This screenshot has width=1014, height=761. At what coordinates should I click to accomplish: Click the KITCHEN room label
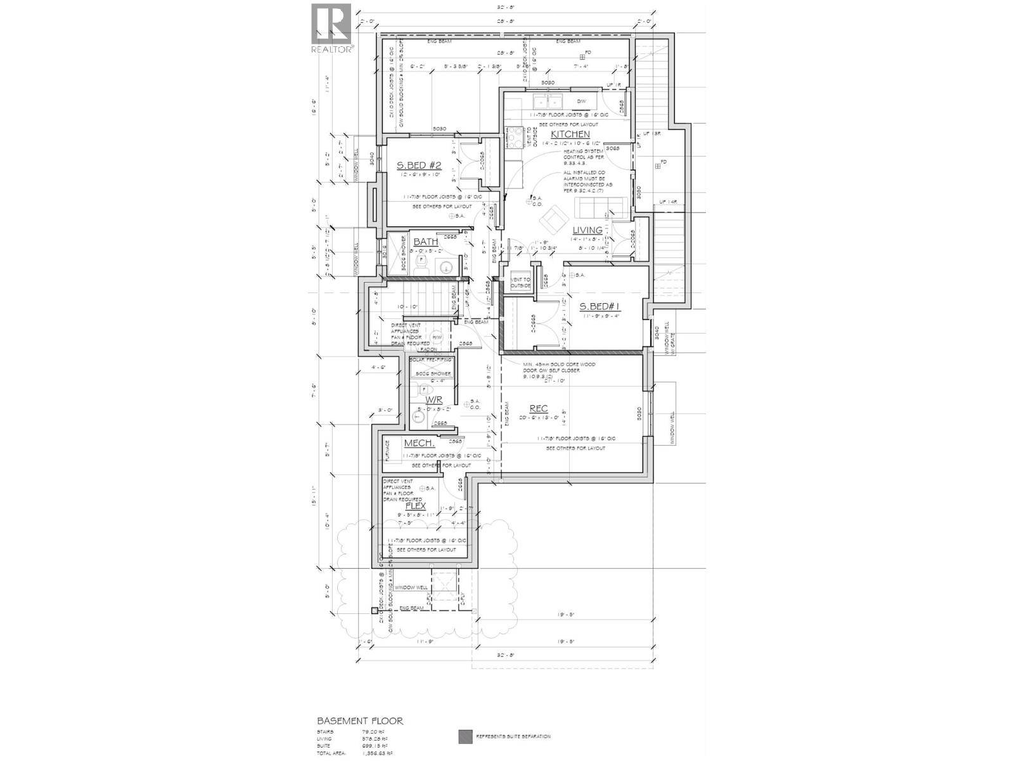(x=570, y=134)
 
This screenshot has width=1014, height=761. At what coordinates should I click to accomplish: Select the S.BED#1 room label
(x=600, y=307)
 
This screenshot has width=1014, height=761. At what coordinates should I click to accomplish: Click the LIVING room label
(x=587, y=230)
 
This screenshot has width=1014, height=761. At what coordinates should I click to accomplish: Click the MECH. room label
(x=419, y=443)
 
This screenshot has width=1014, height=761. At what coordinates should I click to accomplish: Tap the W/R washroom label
(x=433, y=400)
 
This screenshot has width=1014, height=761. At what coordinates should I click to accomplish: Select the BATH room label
(x=425, y=242)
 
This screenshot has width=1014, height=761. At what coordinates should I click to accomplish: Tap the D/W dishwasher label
(x=582, y=101)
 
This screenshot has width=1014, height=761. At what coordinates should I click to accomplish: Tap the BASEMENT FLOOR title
(x=359, y=721)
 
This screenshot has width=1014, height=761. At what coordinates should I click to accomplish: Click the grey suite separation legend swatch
(x=465, y=736)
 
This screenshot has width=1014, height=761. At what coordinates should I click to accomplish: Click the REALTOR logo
(x=332, y=29)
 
